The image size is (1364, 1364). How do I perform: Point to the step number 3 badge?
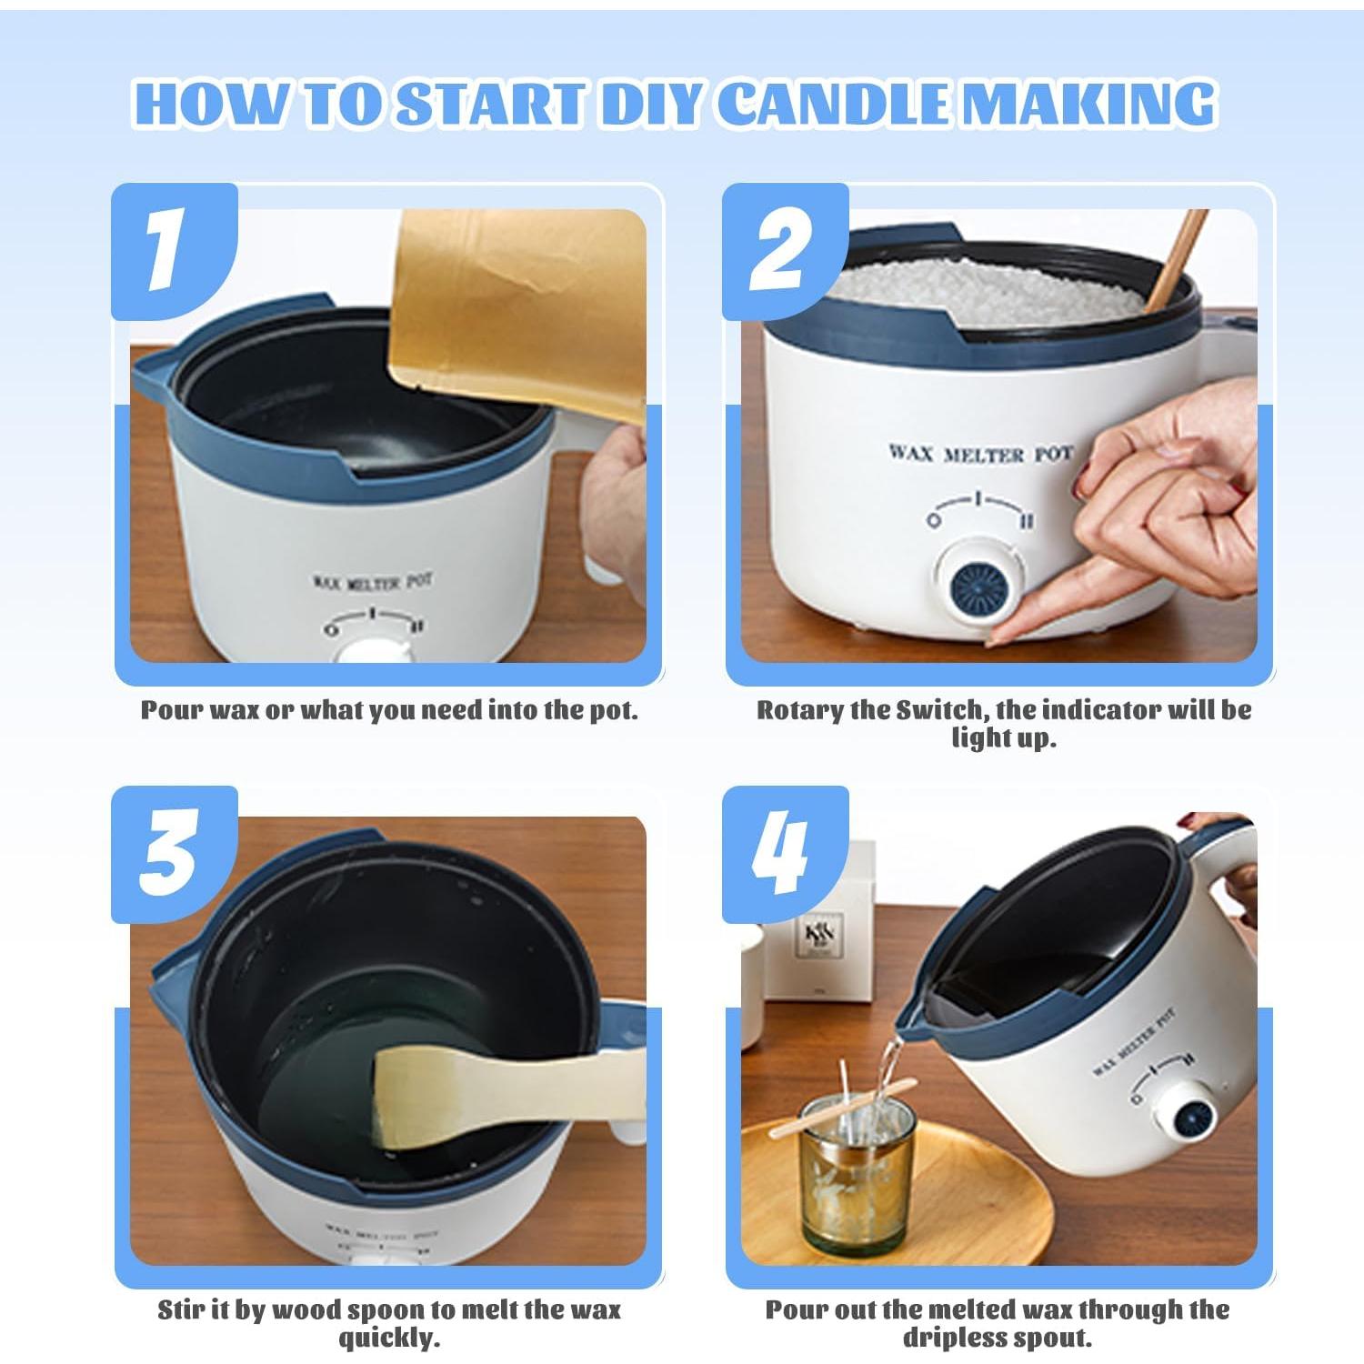tap(169, 852)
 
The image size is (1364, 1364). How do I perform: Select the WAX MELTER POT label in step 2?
tap(980, 453)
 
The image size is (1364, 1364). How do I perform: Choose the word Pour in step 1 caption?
tap(172, 710)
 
